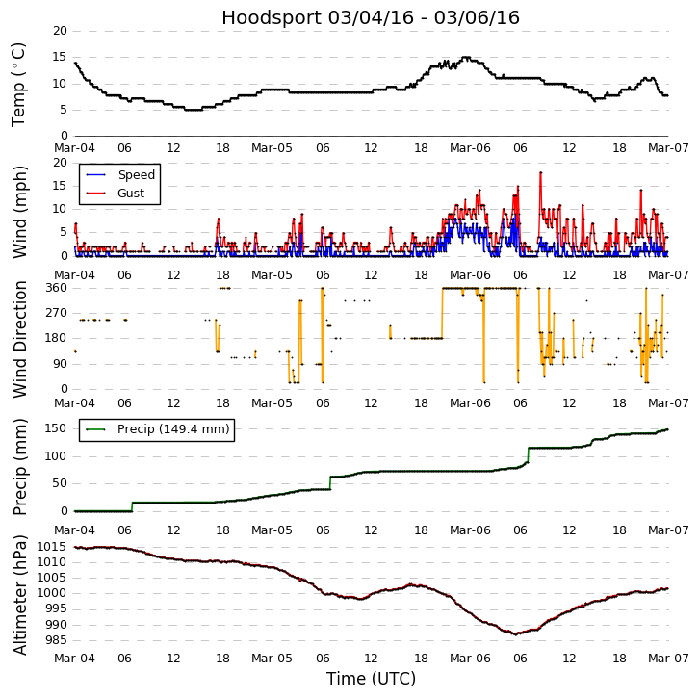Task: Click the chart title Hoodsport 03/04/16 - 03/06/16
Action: (x=371, y=17)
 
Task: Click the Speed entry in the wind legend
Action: (x=136, y=175)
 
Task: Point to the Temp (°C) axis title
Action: (x=19, y=83)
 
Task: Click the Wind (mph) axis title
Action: (x=19, y=211)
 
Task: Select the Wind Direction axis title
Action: (x=19, y=338)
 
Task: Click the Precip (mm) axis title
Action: (x=19, y=466)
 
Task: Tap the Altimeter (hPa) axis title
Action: (x=19, y=594)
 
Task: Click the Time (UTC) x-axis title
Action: (x=371, y=679)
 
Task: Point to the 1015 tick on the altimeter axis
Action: (x=50, y=547)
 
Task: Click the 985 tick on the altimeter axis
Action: (x=54, y=640)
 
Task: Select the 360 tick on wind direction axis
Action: (x=56, y=288)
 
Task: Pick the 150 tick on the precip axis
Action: (x=56, y=428)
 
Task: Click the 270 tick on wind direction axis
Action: (x=56, y=313)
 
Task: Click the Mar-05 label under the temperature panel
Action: (x=272, y=149)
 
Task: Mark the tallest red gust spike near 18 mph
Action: (x=541, y=172)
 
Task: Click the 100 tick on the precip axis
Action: (x=56, y=456)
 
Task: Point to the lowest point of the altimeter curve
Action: (x=516, y=633)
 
